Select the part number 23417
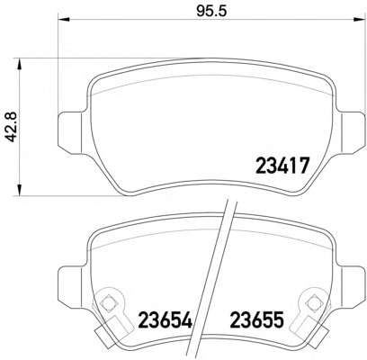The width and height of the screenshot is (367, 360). [x=283, y=166]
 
